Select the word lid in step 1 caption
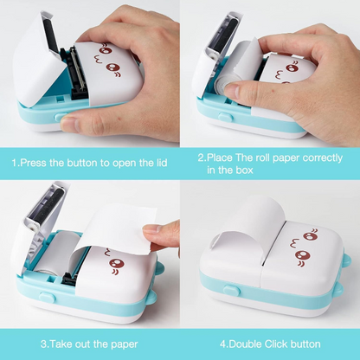tap(164, 163)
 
